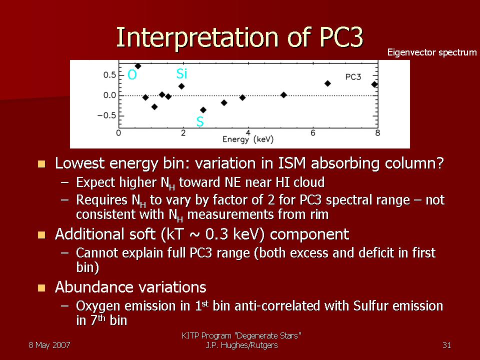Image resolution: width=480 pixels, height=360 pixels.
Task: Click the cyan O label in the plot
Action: point(132,74)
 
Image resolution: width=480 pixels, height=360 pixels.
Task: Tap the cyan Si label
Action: point(181,74)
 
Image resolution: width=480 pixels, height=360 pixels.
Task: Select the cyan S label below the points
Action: point(200,121)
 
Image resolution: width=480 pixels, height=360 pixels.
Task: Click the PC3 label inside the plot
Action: point(353,77)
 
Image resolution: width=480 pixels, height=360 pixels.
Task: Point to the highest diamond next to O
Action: point(138,66)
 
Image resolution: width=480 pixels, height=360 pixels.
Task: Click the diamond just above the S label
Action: point(203,110)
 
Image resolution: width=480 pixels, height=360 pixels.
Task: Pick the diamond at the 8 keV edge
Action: point(374,84)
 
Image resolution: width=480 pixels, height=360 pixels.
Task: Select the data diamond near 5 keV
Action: point(284,95)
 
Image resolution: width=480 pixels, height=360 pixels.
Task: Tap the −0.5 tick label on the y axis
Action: point(106,115)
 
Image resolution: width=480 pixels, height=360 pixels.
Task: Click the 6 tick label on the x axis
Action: point(313,133)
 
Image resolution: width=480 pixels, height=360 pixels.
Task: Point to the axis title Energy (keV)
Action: point(248,139)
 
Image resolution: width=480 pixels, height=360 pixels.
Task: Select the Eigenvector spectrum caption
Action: point(432,52)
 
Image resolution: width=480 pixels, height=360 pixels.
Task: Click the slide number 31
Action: point(446,345)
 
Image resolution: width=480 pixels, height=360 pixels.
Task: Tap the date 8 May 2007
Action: point(49,345)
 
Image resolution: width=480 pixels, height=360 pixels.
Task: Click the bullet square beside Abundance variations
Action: point(41,288)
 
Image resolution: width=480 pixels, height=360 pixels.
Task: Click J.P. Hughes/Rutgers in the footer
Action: point(241,345)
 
